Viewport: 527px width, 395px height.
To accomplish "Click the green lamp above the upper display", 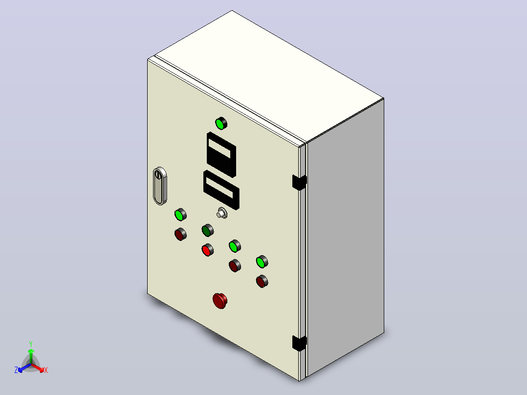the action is click(x=221, y=123).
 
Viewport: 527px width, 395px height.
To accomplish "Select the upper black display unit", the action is click(x=221, y=154).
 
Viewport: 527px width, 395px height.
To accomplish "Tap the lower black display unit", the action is click(x=221, y=190).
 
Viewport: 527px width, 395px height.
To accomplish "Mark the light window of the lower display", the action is click(x=220, y=188).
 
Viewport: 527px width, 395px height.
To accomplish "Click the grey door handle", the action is click(x=160, y=186).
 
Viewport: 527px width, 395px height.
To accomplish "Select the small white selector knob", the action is click(x=221, y=213).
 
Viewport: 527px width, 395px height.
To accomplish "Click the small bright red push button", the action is click(x=208, y=250).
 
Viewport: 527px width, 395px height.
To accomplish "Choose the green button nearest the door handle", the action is click(x=180, y=215).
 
